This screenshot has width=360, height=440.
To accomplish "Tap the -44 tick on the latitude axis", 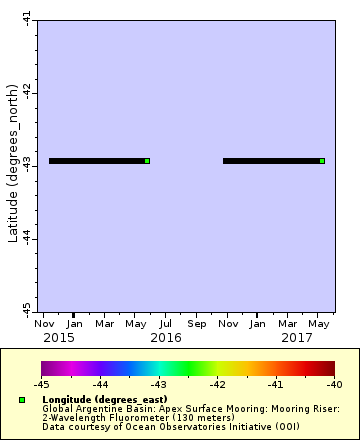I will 27,238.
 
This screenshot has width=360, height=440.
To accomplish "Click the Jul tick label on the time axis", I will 166,323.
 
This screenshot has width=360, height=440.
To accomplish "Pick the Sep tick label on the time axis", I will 197,323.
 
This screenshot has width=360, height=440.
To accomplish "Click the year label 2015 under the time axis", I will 58,338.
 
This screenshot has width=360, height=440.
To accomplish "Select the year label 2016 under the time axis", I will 165,338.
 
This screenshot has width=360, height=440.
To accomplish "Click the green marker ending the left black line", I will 147,160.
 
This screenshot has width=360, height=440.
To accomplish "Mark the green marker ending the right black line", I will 322,160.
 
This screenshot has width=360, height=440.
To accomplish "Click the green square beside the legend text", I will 21,399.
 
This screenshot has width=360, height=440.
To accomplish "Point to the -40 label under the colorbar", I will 333,384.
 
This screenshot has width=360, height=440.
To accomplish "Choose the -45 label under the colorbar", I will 42,384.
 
